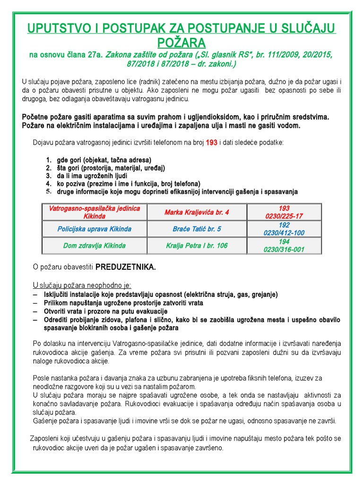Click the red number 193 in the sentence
coord(211,142)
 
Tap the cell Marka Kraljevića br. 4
coord(197,212)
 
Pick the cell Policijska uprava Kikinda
coord(95,229)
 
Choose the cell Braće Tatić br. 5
coord(197,229)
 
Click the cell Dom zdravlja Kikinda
coord(95,245)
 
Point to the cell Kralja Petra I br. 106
coord(197,245)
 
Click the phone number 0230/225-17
coord(284,216)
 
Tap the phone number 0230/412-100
coord(284,233)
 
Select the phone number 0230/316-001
coord(284,249)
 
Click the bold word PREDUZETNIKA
coord(126,267)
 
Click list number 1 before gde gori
coord(48,160)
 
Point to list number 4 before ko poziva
coord(48,183)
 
